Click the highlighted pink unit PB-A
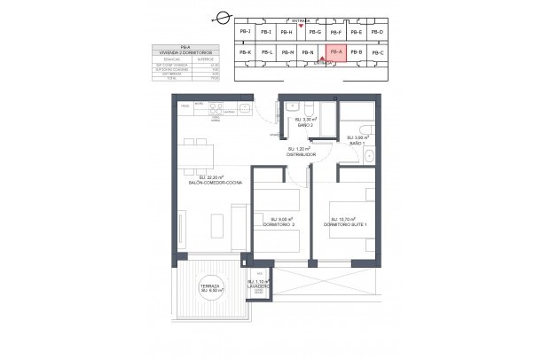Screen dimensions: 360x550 coord(334,53)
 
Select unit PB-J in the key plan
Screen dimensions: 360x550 coord(246,32)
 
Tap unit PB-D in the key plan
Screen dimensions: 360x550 coord(377,32)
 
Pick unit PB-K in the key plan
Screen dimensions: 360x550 coord(246,53)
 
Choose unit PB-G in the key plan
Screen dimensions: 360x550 coord(312,32)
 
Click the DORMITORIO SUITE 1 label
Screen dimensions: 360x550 coord(345,224)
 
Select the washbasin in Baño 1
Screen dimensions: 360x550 coord(369,158)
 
